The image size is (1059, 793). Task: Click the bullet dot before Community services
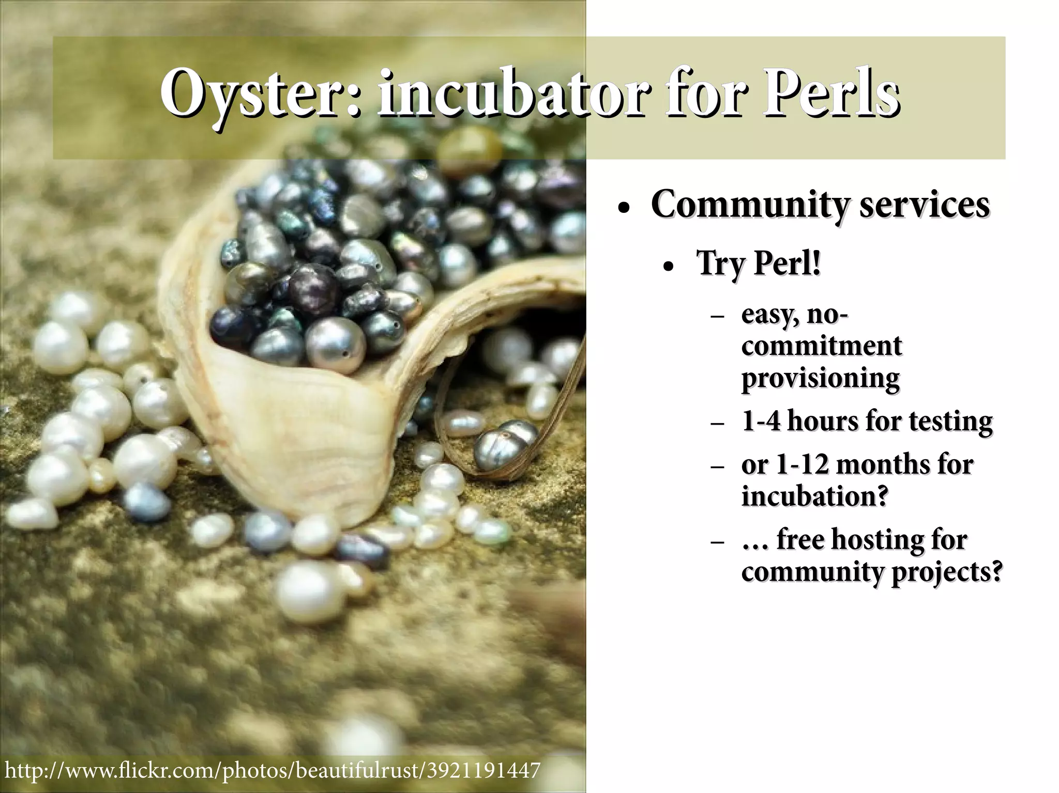point(624,210)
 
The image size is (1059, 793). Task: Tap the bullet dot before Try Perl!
point(669,268)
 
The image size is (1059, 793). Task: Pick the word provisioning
point(820,378)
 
